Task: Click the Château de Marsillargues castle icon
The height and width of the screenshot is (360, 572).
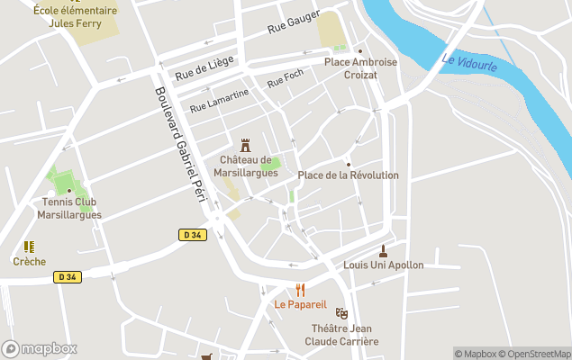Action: pyautogui.click(x=245, y=145)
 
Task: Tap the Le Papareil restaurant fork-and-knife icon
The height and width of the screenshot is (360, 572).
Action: pyautogui.click(x=301, y=290)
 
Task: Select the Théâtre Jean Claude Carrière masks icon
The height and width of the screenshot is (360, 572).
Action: pyautogui.click(x=341, y=313)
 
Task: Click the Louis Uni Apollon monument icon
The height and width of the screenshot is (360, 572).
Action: pyautogui.click(x=384, y=250)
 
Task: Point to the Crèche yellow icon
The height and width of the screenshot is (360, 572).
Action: pyautogui.click(x=29, y=247)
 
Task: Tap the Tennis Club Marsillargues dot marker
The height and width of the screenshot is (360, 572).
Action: pyautogui.click(x=69, y=190)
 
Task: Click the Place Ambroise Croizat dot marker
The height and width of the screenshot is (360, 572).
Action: pyautogui.click(x=360, y=50)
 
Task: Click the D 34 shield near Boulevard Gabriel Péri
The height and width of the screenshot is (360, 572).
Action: pyautogui.click(x=192, y=235)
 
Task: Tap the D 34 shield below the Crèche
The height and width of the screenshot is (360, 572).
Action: pyautogui.click(x=68, y=276)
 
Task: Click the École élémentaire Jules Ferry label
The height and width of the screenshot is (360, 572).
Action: pyautogui.click(x=75, y=16)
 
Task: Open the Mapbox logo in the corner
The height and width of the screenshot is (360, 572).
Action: pyautogui.click(x=40, y=348)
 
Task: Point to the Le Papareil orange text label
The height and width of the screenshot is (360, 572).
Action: pyautogui.click(x=300, y=304)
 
